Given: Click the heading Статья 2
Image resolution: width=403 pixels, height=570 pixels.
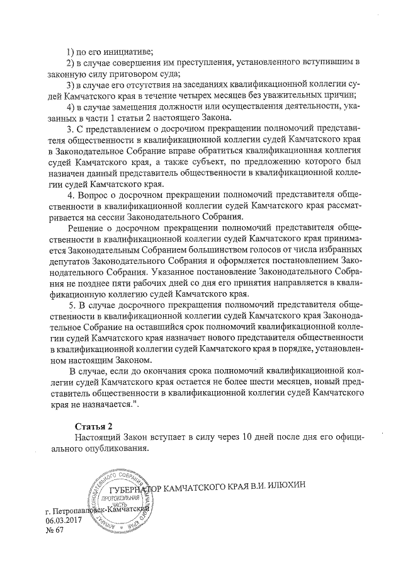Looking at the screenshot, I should coord(93,426).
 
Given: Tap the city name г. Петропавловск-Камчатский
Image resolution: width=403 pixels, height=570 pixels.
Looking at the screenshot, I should coord(98,510).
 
